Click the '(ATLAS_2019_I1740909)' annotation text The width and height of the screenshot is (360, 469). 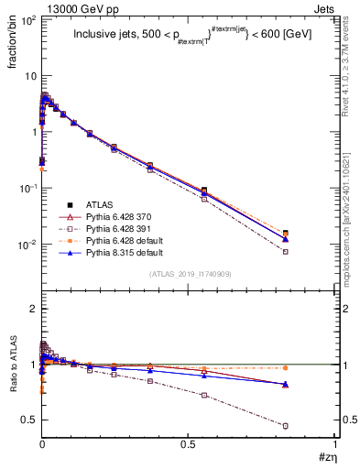coord(189,274)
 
